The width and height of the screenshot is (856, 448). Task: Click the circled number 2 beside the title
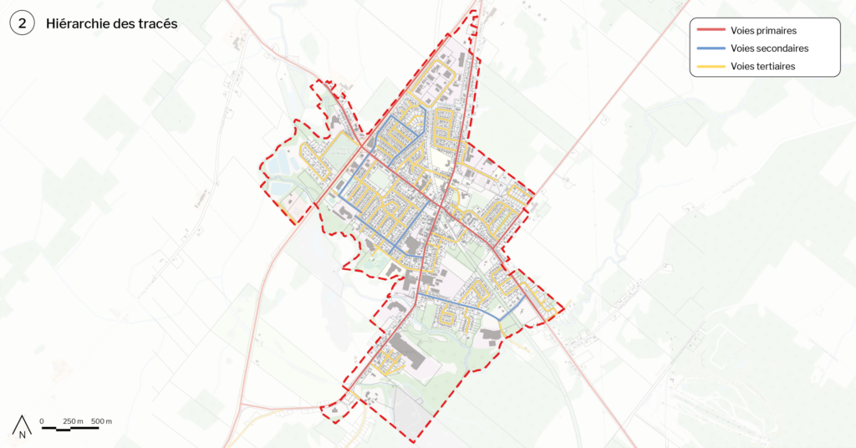coord(22,24)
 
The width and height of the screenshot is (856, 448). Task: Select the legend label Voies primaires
coord(763,31)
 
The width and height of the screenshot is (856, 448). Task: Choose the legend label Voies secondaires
coord(769,48)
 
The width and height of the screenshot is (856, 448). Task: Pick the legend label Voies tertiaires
coord(762,66)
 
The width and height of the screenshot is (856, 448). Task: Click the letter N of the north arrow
coord(23,434)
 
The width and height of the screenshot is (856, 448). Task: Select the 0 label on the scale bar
coord(42,420)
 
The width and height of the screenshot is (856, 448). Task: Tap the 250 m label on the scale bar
coord(74,420)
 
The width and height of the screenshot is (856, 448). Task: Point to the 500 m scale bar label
coord(102,420)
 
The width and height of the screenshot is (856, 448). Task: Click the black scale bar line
coord(70,428)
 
